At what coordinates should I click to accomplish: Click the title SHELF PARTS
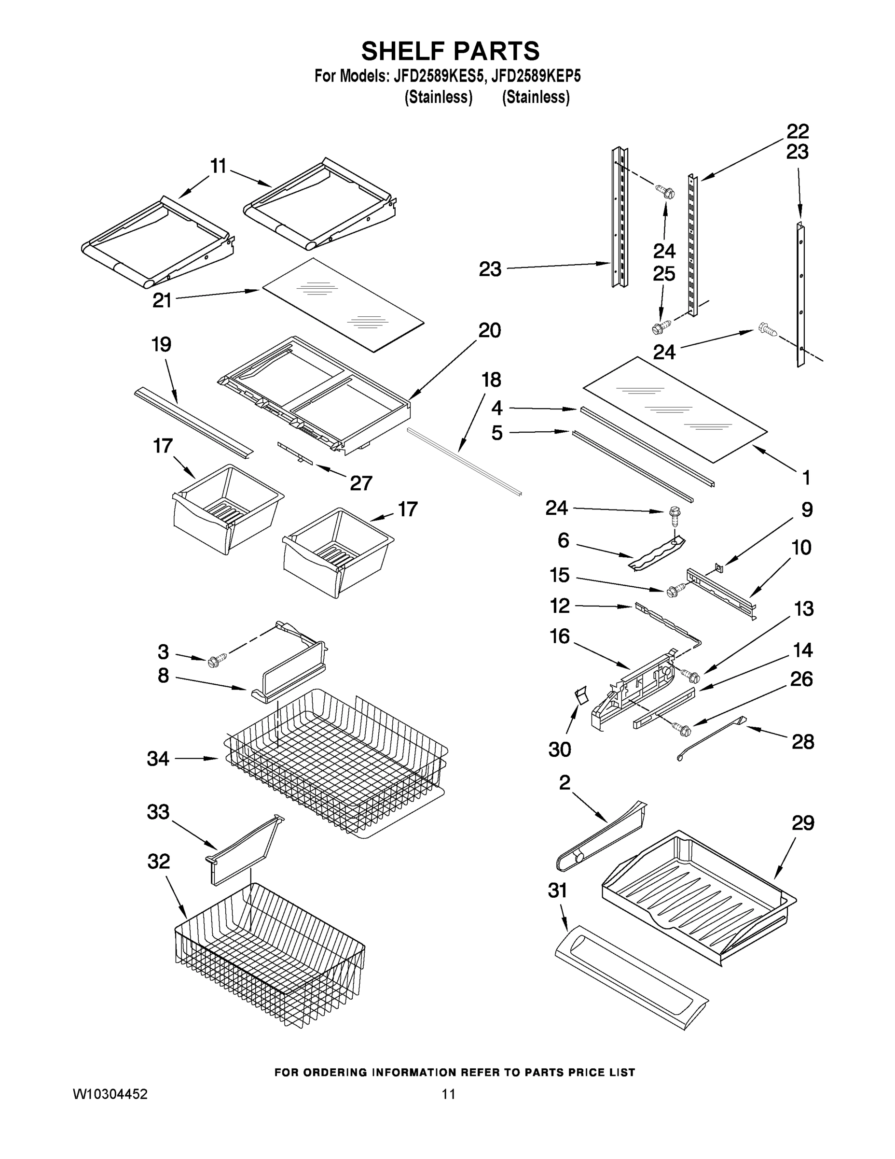(450, 52)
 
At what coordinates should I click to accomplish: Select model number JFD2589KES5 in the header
(438, 76)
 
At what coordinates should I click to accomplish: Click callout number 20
(489, 331)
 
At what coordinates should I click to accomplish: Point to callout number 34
(158, 759)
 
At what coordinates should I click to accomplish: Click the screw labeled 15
(673, 589)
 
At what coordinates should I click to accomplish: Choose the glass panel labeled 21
(343, 304)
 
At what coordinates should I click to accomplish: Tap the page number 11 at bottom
(448, 1094)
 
